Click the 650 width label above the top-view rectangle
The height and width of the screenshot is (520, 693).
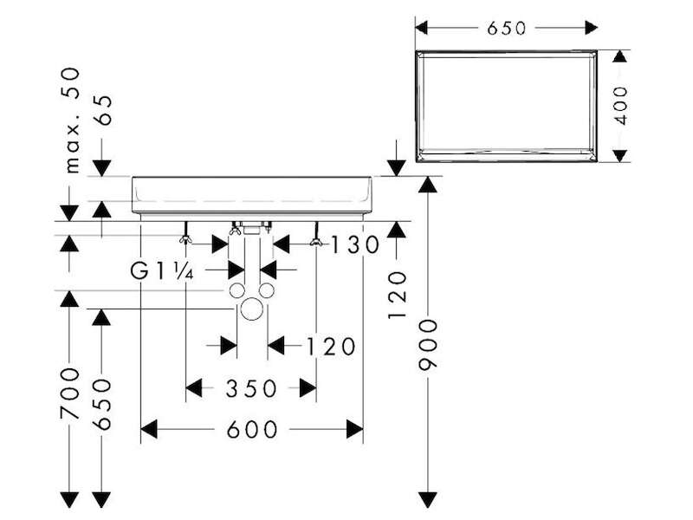[507, 29]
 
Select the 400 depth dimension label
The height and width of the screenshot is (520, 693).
[621, 106]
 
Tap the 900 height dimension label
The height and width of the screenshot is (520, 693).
[428, 344]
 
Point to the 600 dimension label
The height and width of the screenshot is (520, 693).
[252, 429]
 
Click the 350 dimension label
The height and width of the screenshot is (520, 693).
[251, 388]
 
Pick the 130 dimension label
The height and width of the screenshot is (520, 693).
[355, 244]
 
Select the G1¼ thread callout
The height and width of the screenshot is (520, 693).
[162, 270]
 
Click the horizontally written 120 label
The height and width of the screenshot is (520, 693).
[331, 346]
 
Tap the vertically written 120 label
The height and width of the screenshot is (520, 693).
[397, 296]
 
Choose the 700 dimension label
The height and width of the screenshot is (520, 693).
[70, 393]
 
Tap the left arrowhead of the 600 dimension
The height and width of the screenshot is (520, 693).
[149, 429]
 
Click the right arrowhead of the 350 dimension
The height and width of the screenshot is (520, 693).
[308, 388]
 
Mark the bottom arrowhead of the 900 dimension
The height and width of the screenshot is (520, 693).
[428, 500]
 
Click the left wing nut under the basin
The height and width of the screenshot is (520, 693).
[186, 240]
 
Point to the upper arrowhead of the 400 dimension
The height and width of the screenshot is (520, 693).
[620, 57]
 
